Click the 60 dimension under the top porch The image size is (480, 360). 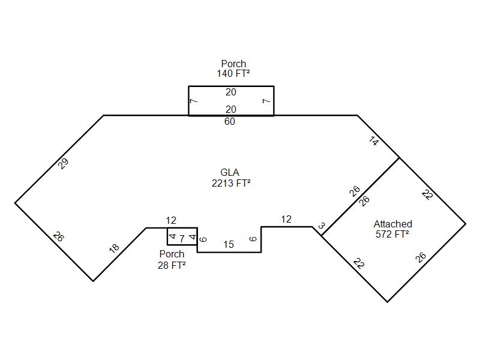[229, 122]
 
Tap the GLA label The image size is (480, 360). [230, 173]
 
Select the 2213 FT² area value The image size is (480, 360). [231, 184]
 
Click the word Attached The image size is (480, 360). [392, 224]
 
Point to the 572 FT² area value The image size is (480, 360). [392, 235]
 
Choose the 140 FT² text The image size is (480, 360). [233, 74]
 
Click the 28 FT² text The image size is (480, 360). [172, 265]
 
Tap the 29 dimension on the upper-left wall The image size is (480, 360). [64, 163]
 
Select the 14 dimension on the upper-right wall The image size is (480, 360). [374, 142]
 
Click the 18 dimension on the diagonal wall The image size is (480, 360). [114, 248]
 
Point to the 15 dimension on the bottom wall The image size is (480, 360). [229, 244]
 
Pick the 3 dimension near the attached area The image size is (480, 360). [322, 226]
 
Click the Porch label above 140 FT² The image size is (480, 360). [233, 64]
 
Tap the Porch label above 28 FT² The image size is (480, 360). [172, 254]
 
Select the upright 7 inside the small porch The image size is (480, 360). [182, 239]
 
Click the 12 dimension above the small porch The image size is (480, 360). [171, 221]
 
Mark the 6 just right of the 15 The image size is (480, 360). [253, 239]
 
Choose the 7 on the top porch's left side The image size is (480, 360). [194, 101]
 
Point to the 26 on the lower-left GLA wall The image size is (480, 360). [58, 236]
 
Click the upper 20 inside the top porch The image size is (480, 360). [231, 92]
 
